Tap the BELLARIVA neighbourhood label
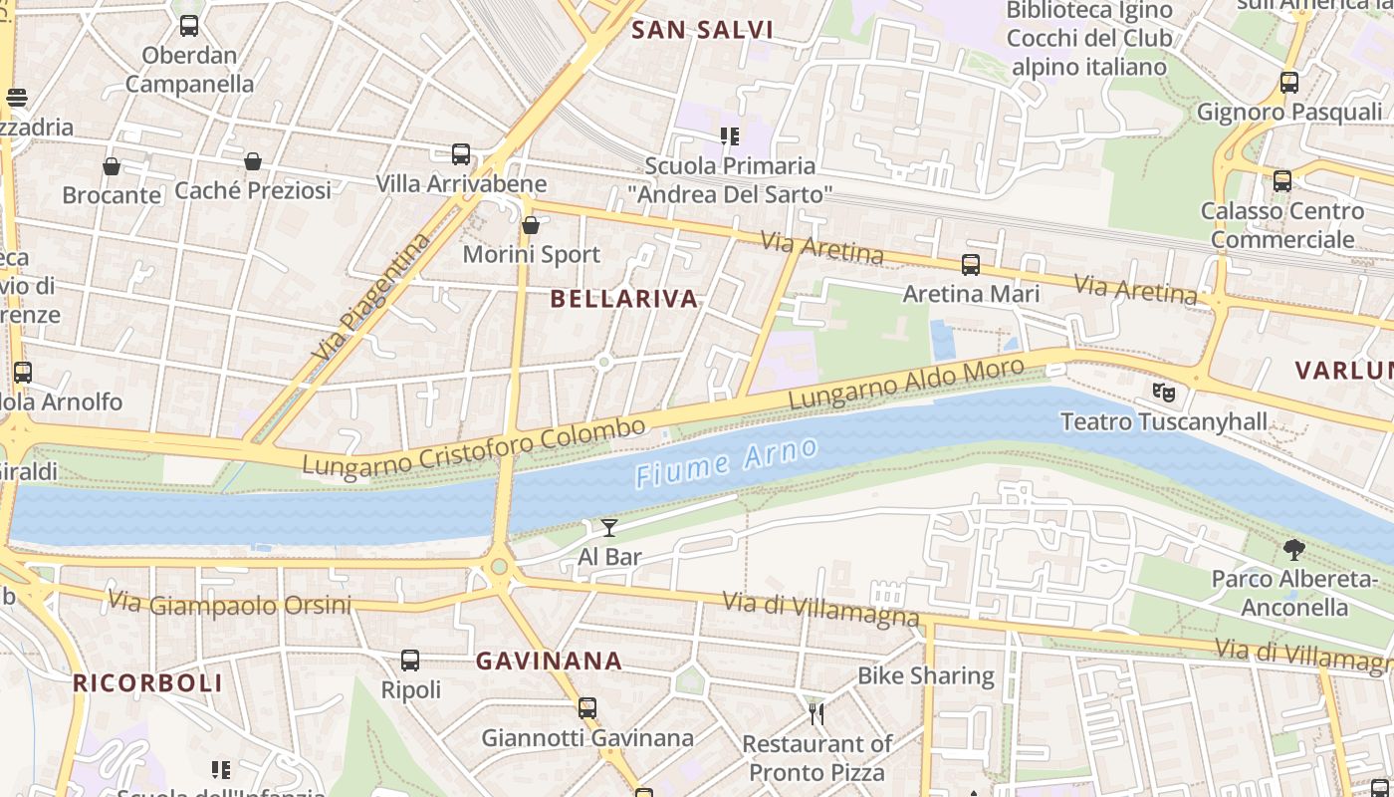pos(624,299)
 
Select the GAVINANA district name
pos(549,661)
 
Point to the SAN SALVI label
pos(702,30)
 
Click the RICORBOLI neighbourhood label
pos(147,683)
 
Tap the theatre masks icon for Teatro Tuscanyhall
pos(1163,393)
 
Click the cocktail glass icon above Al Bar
pos(609,527)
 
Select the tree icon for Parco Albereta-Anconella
pos(1293,549)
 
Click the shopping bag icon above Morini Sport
pos(531,225)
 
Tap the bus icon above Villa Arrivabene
pos(460,154)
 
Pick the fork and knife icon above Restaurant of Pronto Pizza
pos(816,713)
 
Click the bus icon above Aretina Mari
pos(970,265)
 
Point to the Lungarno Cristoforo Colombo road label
pos(473,448)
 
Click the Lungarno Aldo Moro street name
pos(905,384)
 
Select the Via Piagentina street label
pos(370,297)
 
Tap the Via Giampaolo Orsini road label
pos(229,604)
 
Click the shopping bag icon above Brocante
pos(112,165)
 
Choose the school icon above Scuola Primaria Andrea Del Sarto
pos(729,135)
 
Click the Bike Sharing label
pos(925,676)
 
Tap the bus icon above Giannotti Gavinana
pos(587,708)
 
